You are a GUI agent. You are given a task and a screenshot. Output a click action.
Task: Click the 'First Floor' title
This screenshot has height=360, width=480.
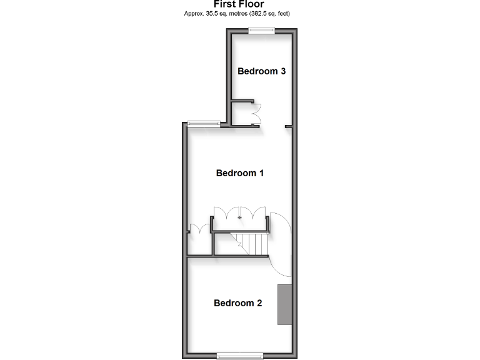pos(239,4)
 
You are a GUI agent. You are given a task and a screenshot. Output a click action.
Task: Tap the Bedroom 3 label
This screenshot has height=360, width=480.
pos(261,71)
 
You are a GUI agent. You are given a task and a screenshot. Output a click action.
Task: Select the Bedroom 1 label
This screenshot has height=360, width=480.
pos(239,173)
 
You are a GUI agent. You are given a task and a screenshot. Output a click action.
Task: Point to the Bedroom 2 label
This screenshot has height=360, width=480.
pos(237,303)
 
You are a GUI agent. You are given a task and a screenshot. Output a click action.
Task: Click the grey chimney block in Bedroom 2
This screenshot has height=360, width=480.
pos(285,304)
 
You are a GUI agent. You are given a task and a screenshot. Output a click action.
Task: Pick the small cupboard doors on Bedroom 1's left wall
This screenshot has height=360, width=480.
pos(199,230)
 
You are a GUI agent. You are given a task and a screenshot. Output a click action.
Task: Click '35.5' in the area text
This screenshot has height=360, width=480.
pos(210,13)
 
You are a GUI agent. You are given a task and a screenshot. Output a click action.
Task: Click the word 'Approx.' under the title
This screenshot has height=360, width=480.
pos(193,13)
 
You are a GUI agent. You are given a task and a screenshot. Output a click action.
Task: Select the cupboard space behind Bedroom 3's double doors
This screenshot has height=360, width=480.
pos(241,112)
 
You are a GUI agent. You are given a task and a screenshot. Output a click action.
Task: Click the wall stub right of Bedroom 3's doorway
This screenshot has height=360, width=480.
pos(288,126)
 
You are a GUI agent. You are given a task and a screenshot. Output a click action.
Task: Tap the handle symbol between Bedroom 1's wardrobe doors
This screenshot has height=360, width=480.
pos(239,216)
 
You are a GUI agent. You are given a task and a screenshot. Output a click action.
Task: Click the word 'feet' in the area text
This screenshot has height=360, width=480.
pos(285,13)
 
